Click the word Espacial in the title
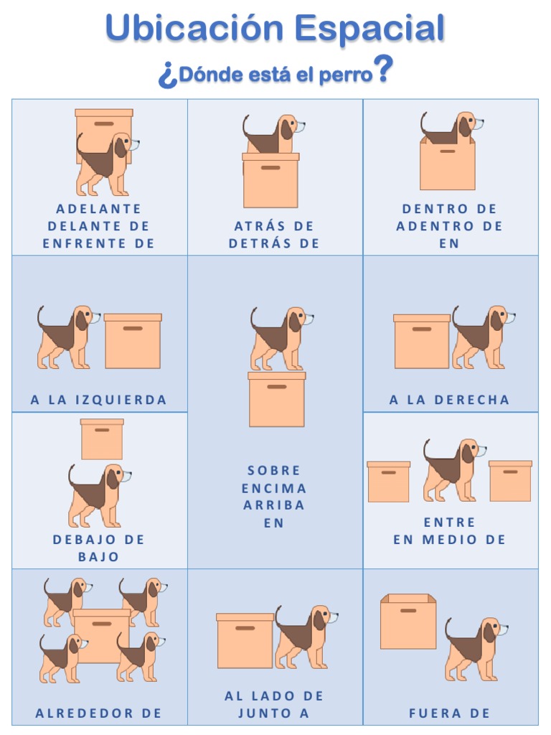click(x=370, y=29)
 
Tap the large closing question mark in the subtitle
click(x=384, y=70)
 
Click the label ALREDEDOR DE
click(x=99, y=713)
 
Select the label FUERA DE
click(x=450, y=713)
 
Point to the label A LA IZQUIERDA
click(x=99, y=400)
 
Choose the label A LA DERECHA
click(x=450, y=400)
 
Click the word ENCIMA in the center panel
click(x=274, y=488)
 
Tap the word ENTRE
click(x=450, y=523)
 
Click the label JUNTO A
click(x=274, y=713)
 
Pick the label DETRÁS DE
click(x=274, y=243)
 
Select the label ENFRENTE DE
click(x=99, y=243)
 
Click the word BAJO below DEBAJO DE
click(x=99, y=557)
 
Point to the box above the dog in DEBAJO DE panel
click(x=102, y=439)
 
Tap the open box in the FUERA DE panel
click(x=408, y=622)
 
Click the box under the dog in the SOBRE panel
click(x=277, y=399)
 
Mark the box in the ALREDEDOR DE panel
click(x=102, y=635)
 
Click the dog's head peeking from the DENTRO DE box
click(x=467, y=126)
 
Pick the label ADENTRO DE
click(x=450, y=226)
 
